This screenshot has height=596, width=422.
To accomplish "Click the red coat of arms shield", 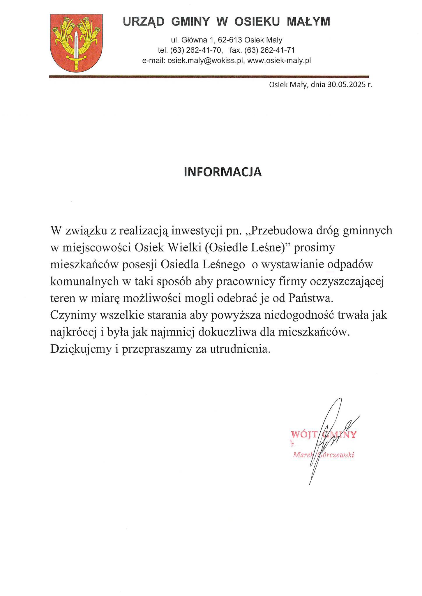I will tap(76, 43).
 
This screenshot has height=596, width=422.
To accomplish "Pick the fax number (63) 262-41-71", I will tap(270, 50).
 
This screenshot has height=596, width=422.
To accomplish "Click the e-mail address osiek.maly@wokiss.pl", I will tap(205, 61).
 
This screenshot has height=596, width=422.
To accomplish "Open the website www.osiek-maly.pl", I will tap(279, 61).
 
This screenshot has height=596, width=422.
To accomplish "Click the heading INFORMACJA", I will tap(223, 172).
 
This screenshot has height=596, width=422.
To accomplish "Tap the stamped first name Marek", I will tap(303, 455).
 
